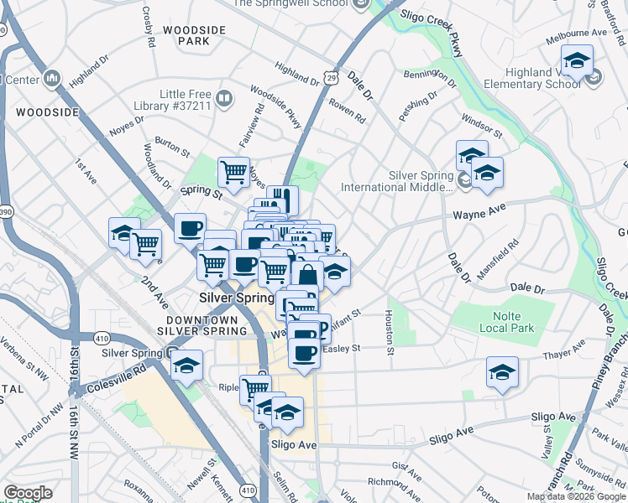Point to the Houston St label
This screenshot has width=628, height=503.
[x=390, y=331]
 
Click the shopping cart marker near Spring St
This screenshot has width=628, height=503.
[x=233, y=172]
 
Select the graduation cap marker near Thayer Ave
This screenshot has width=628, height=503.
[x=503, y=371]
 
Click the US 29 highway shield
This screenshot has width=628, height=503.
[x=332, y=77]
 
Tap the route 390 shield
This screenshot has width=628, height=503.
[x=5, y=209]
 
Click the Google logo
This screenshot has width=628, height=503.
[x=28, y=493]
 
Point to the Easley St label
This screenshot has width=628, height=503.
[x=341, y=348]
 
